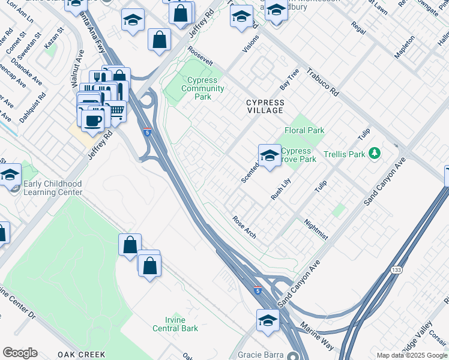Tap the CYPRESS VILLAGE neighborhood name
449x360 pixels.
265,106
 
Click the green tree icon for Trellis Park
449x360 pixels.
375,154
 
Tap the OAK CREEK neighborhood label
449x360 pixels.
82,355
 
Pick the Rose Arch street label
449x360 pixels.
244,227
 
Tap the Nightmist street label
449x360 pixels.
316,229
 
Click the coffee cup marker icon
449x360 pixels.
92,120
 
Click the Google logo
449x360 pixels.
20,353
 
